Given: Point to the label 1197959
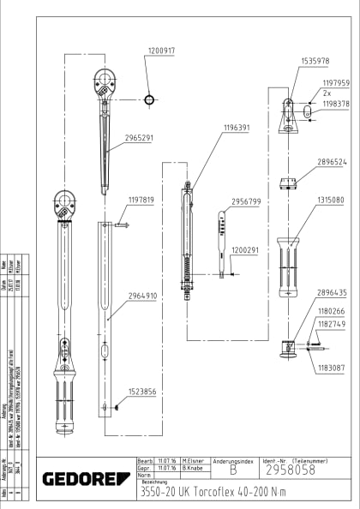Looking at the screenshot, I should [336, 84].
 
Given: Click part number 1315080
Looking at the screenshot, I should [331, 200].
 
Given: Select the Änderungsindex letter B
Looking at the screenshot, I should [232, 470].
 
